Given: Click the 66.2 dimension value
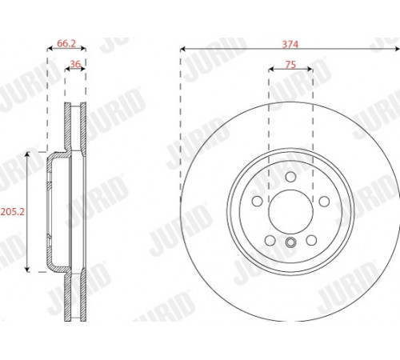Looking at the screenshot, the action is pos(66,43).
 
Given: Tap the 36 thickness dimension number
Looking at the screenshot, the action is pos(75,64).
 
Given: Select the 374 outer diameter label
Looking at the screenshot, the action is pos(290,44).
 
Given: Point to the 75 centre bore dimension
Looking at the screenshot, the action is pos(290,65).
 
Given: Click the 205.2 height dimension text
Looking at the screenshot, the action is pos(13,212).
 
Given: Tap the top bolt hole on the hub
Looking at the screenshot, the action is pos(290,177).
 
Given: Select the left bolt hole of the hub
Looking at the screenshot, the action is pos(258,201).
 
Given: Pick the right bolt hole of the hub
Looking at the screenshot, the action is pos(324,201).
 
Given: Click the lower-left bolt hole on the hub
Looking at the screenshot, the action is pos(270,241).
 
